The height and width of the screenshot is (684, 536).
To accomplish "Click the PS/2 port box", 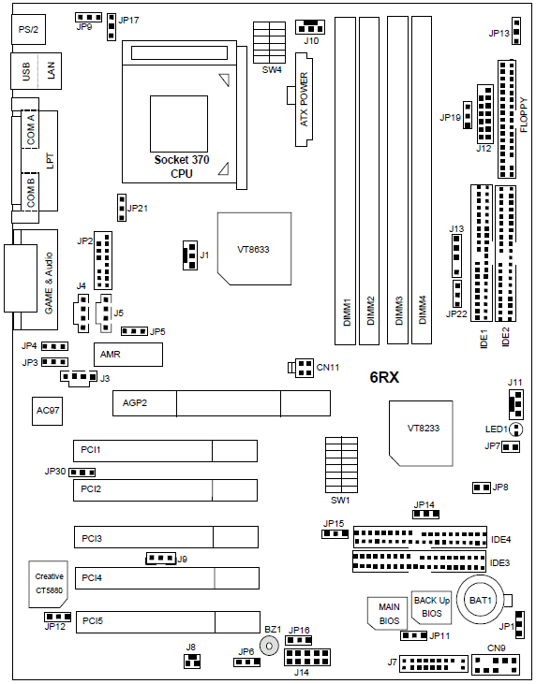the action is pyautogui.click(x=29, y=29).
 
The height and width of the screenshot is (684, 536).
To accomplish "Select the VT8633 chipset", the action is pyautogui.click(x=254, y=249).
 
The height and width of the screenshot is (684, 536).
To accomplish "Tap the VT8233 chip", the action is pyautogui.click(x=421, y=432).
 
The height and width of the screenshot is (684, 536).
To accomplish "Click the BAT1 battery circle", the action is pyautogui.click(x=480, y=600).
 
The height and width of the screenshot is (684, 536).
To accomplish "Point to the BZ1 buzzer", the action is pyautogui.click(x=269, y=646).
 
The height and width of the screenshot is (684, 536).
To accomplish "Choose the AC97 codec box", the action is pyautogui.click(x=47, y=411).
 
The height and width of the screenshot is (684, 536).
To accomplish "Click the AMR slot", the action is pyautogui.click(x=128, y=355).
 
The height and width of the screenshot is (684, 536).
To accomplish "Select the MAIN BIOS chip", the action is pyautogui.click(x=387, y=613).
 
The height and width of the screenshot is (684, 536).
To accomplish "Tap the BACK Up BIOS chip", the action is pyautogui.click(x=431, y=607).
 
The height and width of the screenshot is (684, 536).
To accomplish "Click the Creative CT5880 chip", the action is pyautogui.click(x=49, y=584).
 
